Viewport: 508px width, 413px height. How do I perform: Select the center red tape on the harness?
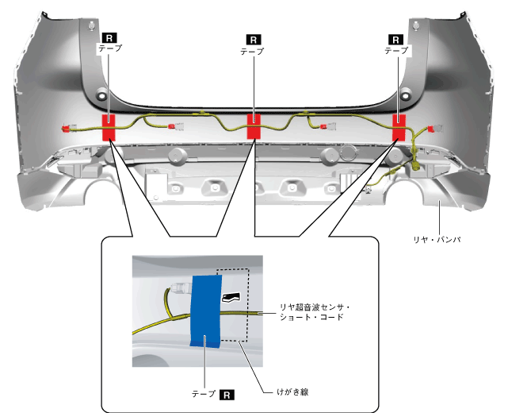coord(254,125)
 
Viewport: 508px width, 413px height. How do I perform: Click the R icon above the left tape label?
coord(108,37)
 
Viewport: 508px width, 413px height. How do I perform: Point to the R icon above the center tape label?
coord(254,37)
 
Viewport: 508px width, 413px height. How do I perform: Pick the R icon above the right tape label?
coord(398,37)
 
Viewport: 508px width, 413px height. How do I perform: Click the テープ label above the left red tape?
coord(108,49)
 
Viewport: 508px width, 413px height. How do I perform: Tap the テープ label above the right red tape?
coord(398,49)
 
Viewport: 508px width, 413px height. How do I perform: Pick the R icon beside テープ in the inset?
coord(227,393)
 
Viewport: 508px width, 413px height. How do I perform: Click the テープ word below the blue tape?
coord(204,393)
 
